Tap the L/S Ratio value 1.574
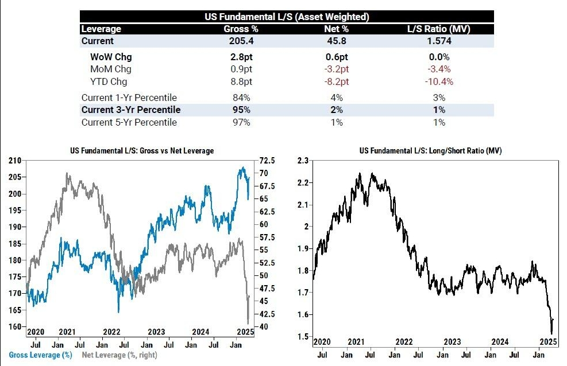point(439,41)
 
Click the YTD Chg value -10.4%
point(439,81)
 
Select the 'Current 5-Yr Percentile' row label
point(129,122)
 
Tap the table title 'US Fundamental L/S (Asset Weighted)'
point(287,17)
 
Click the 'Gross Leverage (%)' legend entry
point(40,355)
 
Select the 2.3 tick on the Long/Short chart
point(303,161)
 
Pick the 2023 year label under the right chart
point(452,341)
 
